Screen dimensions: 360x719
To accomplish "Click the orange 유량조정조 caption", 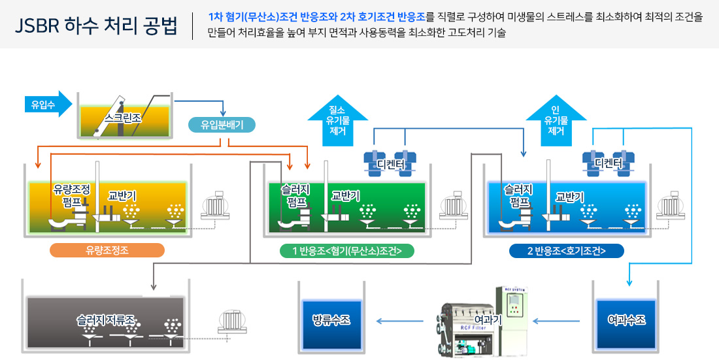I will [107, 251].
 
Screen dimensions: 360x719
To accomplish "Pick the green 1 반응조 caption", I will [346, 251].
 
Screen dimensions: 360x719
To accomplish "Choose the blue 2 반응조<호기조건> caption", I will [566, 251].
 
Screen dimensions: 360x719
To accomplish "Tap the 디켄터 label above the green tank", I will [392, 163].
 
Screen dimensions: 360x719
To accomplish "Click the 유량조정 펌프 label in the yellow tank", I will [71, 194].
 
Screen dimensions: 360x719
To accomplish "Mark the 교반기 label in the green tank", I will [345, 195].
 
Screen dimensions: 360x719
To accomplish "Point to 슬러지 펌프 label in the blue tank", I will [518, 194].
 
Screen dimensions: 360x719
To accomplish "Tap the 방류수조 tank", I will [331, 320].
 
